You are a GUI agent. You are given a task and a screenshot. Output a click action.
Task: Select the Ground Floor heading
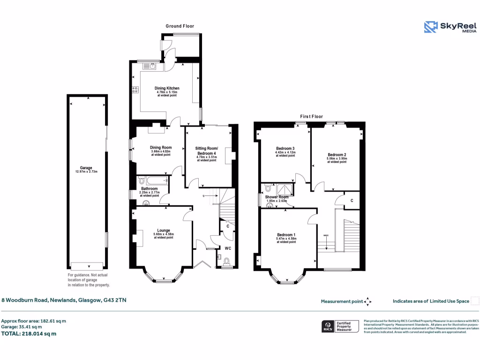click(180, 26)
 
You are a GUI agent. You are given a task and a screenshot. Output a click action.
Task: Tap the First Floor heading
click(312, 116)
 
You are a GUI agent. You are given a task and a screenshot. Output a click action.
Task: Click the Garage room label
click(86, 168)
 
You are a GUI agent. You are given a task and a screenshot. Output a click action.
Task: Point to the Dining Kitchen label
click(167, 88)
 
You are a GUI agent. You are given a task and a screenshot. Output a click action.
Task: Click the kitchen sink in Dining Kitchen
click(153, 66)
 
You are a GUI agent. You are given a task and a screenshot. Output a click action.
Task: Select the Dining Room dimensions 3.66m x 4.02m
click(161, 151)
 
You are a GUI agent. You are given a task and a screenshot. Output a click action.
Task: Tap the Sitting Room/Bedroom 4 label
click(206, 151)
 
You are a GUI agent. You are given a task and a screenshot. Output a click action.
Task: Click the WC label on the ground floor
click(227, 248)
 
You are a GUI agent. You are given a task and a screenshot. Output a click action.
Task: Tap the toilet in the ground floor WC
click(227, 261)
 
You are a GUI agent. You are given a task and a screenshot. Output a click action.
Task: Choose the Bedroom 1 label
click(286, 234)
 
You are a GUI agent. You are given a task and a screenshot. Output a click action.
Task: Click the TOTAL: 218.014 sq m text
click(29, 334)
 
